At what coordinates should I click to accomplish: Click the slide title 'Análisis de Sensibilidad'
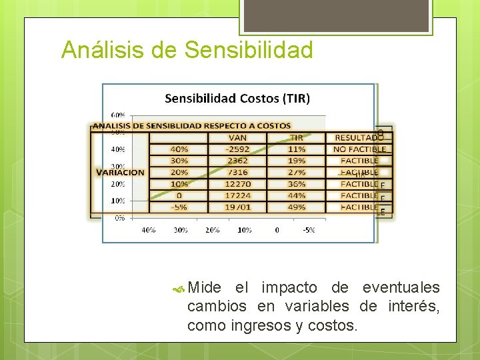187,50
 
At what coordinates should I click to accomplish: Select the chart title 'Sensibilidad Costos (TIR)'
237,99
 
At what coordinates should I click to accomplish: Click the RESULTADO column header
359,138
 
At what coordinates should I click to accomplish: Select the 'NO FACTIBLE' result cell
359,149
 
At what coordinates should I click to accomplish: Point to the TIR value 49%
297,207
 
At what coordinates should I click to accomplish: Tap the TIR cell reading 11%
297,149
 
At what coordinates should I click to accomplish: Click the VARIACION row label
120,173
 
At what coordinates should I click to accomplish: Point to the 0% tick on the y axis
120,217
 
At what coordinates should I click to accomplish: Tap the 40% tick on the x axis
148,230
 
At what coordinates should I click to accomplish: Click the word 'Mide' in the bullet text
205,288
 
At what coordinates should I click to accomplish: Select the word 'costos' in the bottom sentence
334,327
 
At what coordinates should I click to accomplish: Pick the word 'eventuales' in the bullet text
401,288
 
